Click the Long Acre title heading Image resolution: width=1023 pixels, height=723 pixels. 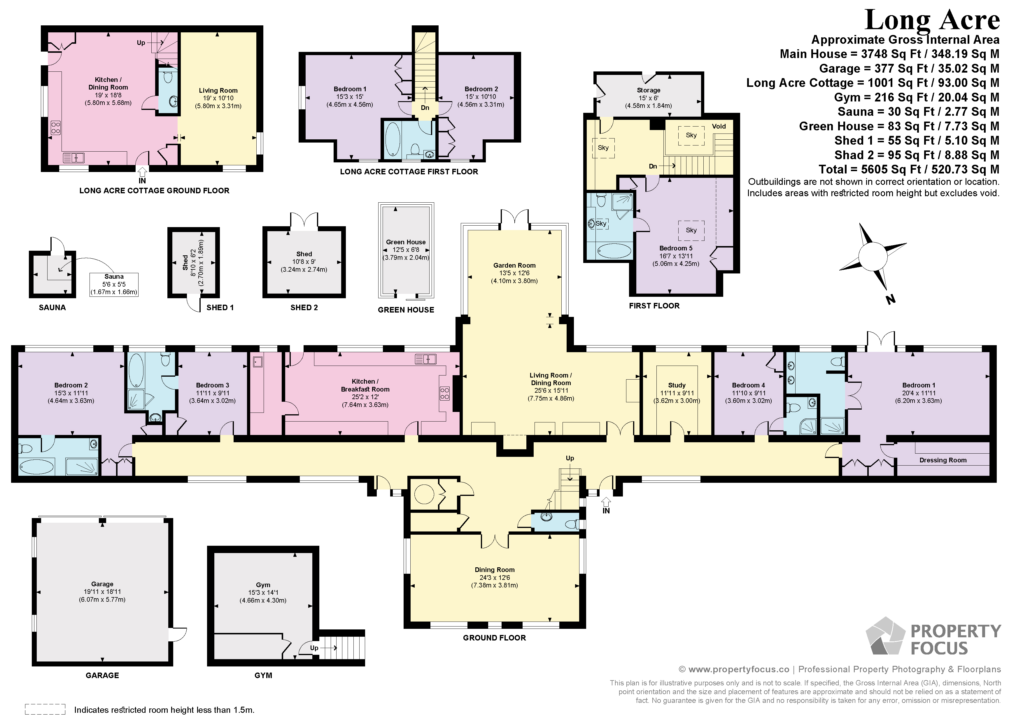point(932,20)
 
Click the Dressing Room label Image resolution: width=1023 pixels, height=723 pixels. point(943,460)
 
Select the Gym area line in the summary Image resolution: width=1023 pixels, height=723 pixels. point(917,97)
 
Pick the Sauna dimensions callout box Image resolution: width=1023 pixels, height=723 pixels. point(114,285)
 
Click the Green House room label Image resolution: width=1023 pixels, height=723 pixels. point(406,242)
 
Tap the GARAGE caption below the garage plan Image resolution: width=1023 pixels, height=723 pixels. point(102,675)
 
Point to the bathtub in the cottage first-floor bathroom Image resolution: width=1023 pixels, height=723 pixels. point(393,139)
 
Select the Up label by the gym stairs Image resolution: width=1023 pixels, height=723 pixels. point(314,648)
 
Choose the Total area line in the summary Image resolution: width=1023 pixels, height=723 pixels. point(909,169)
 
